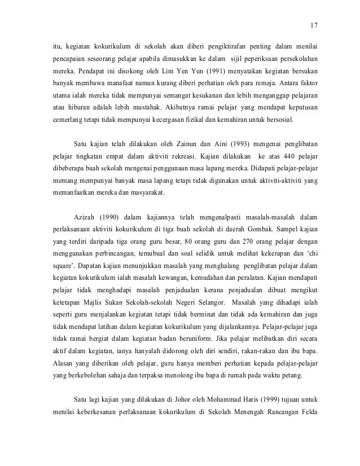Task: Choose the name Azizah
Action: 85,216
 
